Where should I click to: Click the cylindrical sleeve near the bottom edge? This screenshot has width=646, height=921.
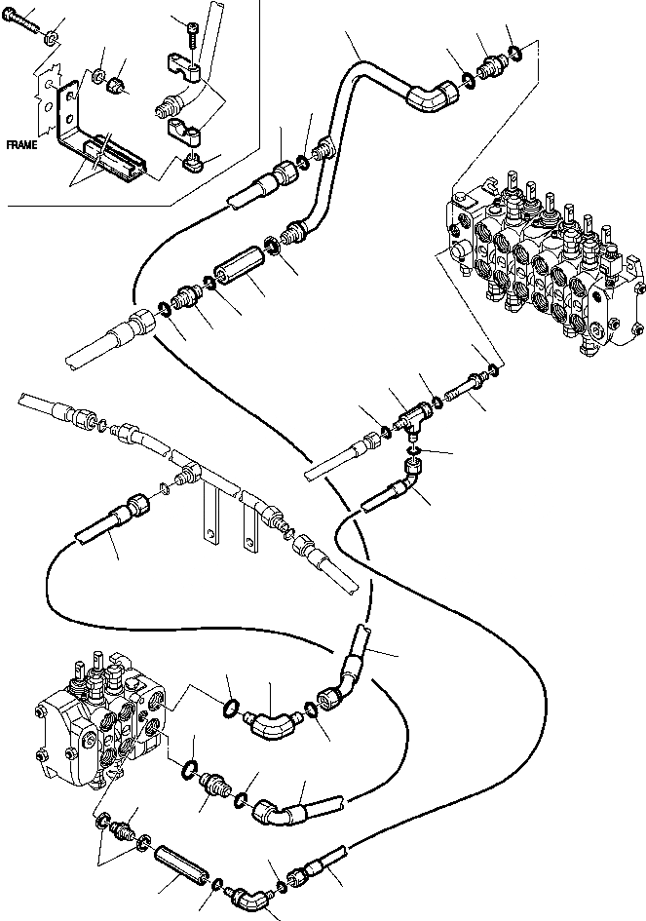[x=180, y=863]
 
